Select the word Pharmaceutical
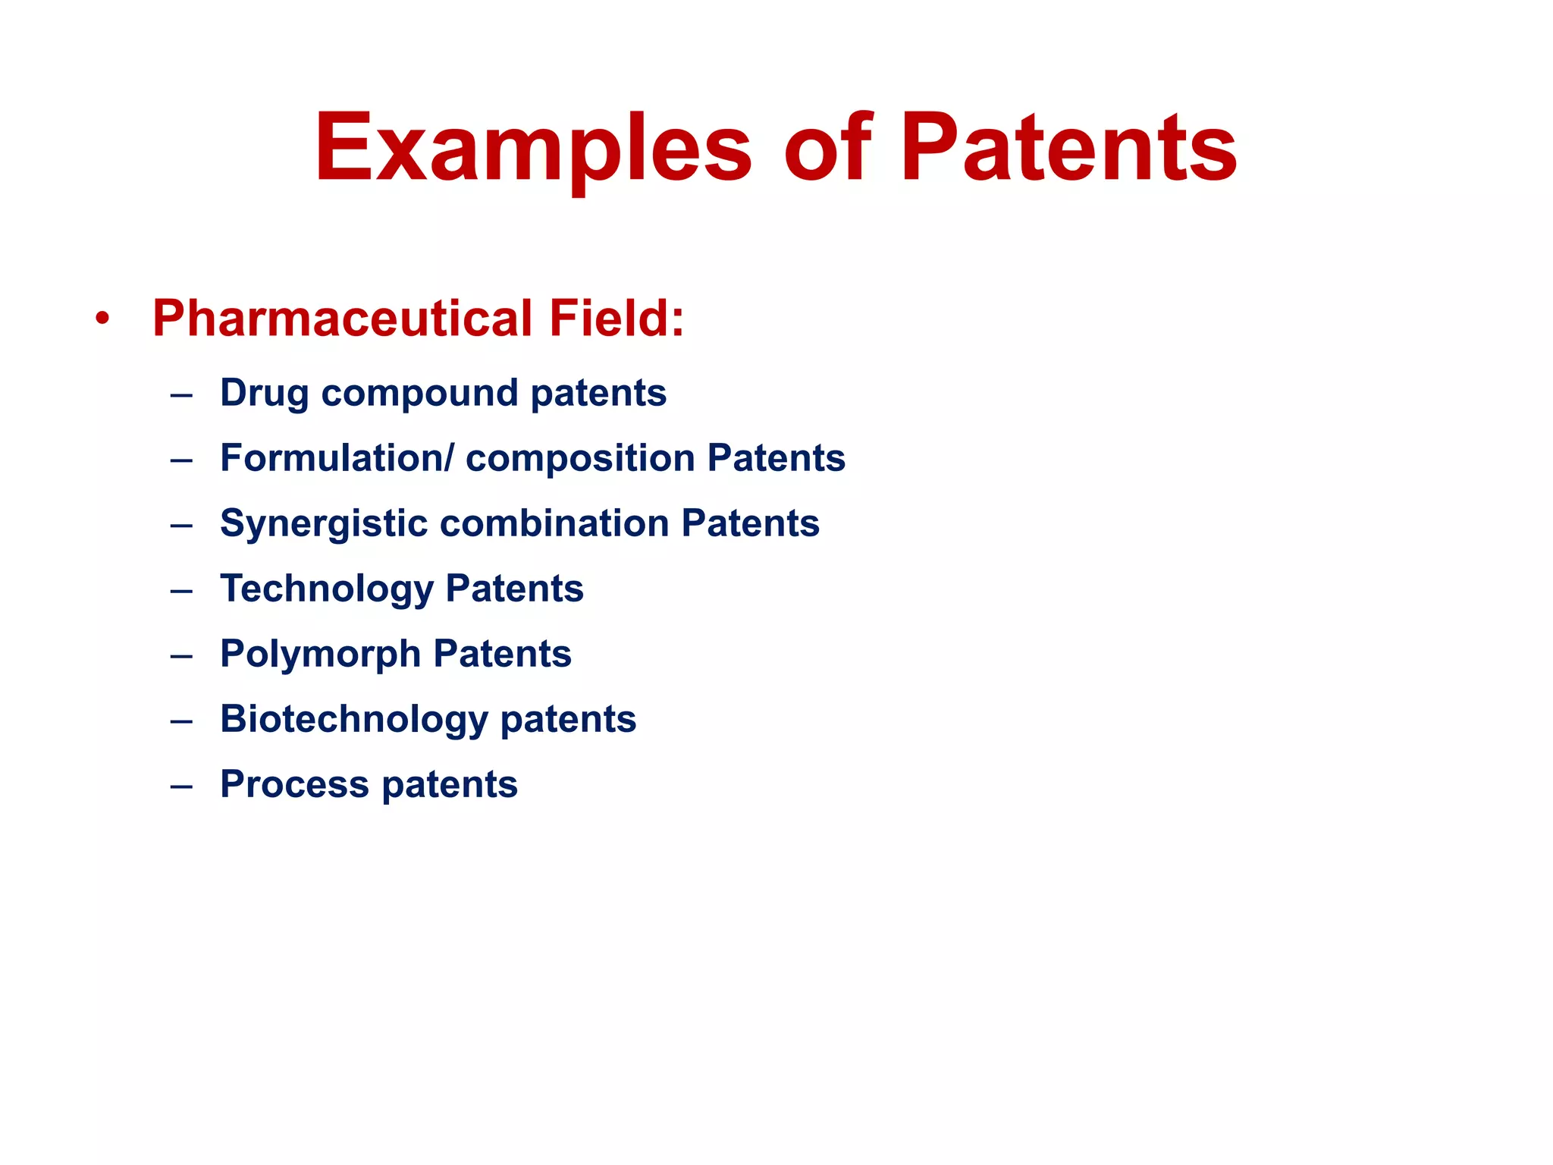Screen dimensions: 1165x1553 (342, 319)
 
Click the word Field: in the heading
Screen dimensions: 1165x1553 (616, 319)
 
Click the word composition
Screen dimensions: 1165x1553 (580, 458)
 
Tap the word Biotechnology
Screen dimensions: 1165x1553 (354, 719)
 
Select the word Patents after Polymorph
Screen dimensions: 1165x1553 (502, 654)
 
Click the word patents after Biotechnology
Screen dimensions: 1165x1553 (568, 719)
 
